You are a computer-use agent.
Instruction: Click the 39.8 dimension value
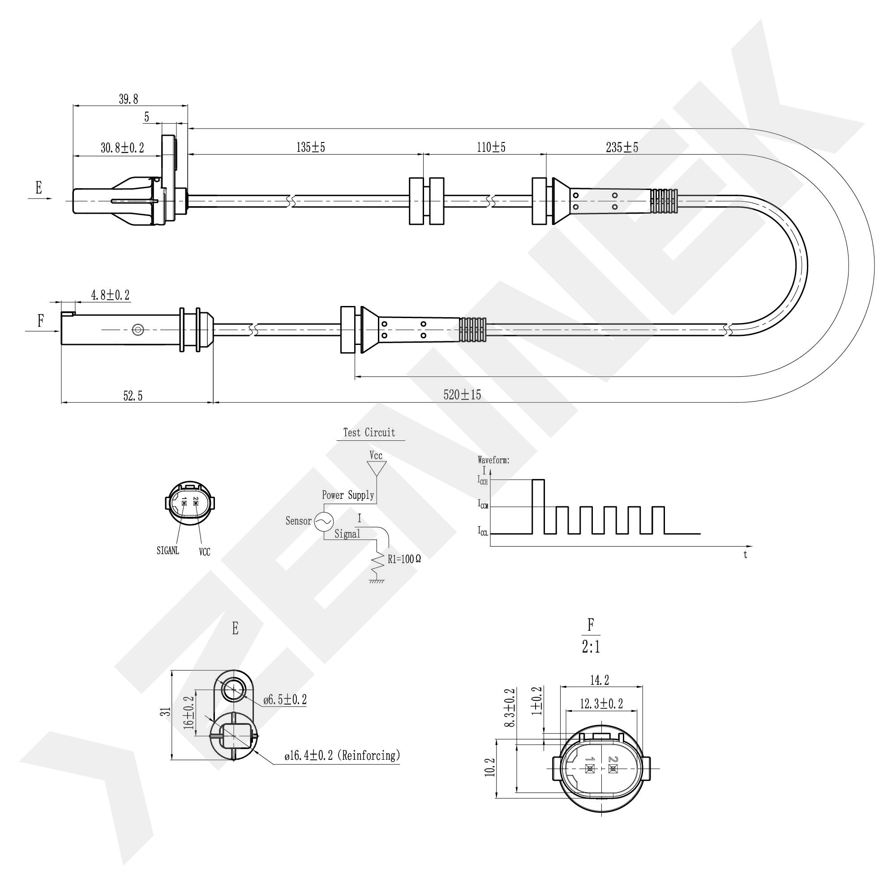[129, 99]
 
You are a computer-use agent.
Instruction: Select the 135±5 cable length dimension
[311, 147]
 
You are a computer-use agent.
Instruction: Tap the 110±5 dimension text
[491, 147]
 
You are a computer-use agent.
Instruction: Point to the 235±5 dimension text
[622, 147]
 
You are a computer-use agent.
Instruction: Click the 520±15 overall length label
[462, 395]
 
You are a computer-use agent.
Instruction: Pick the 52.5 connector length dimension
[133, 396]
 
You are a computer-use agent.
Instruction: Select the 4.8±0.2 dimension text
[110, 295]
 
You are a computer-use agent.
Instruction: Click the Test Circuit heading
[369, 433]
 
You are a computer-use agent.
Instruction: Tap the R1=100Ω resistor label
[404, 559]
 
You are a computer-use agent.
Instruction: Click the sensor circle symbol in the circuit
[324, 521]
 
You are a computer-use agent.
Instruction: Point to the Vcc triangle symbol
[377, 468]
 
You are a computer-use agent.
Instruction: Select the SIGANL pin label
[168, 551]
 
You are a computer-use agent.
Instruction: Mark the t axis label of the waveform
[745, 555]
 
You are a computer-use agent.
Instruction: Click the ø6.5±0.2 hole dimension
[285, 700]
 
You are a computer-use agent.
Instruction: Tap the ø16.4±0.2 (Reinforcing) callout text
[342, 756]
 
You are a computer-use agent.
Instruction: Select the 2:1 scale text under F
[591, 647]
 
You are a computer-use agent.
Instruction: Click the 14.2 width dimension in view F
[600, 680]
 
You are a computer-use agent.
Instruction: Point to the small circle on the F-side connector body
[138, 330]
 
